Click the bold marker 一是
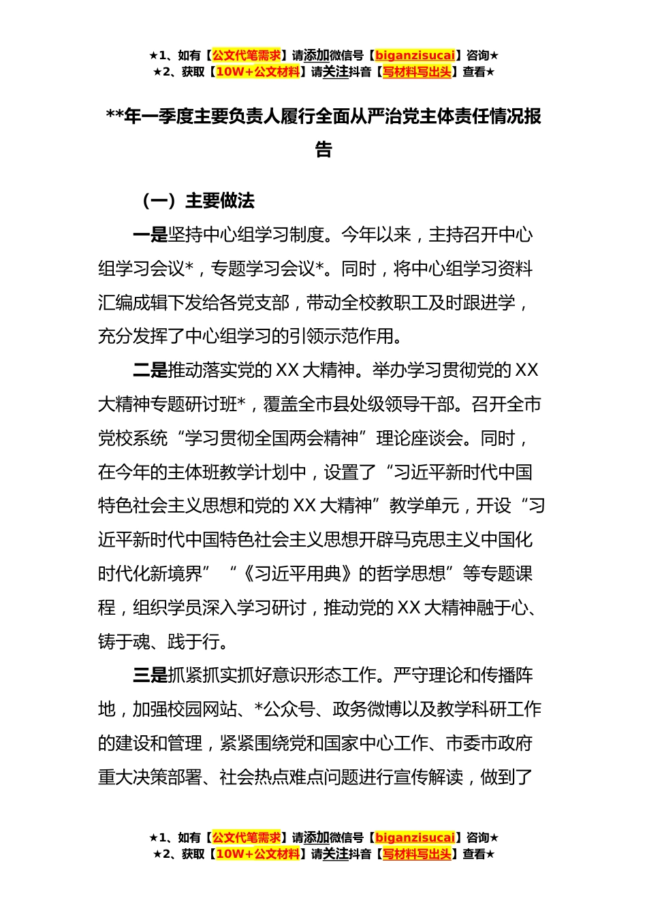(x=150, y=236)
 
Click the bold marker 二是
(x=150, y=370)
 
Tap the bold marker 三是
(x=150, y=675)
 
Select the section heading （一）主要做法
(x=197, y=201)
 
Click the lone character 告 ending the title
(x=323, y=150)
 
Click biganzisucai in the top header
(x=415, y=55)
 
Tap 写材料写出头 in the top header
(x=417, y=71)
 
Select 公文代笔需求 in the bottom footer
(x=247, y=837)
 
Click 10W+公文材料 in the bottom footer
(x=257, y=854)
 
